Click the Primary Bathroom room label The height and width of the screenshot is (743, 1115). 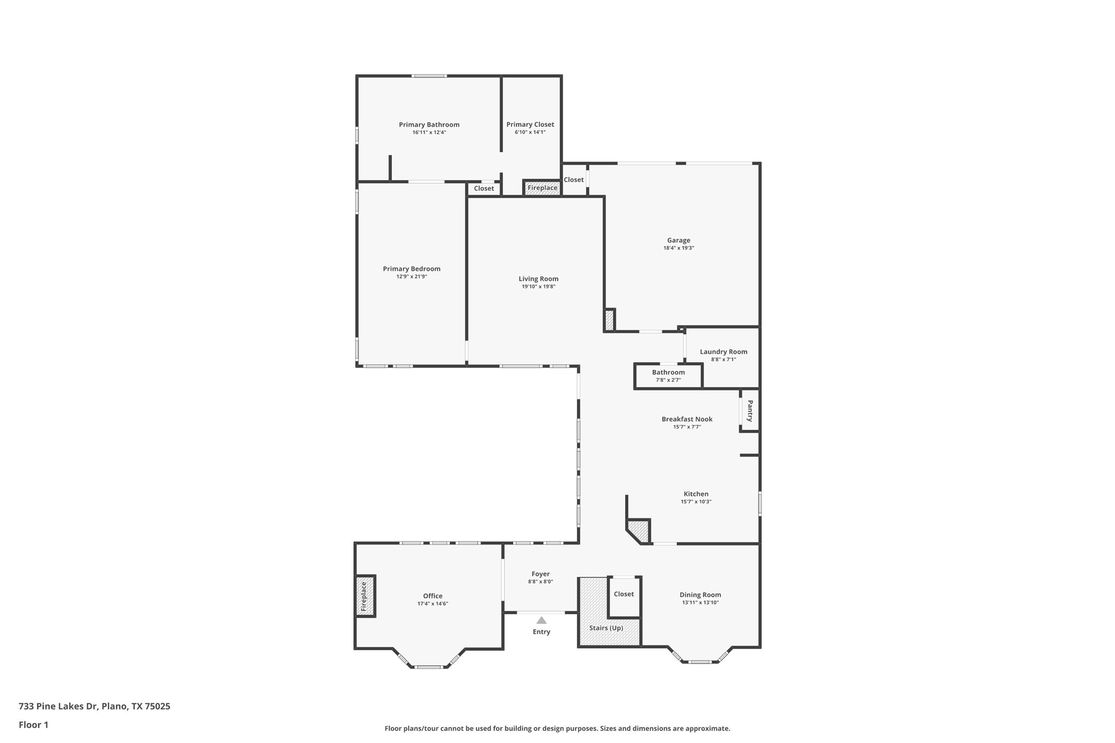click(429, 125)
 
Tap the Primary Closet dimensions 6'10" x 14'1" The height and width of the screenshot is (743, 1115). click(530, 132)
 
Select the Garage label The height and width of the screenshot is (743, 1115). click(678, 240)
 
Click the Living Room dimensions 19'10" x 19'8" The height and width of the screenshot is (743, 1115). click(538, 287)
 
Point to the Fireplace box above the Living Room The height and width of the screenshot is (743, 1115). click(542, 188)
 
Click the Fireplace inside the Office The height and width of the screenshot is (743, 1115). click(364, 596)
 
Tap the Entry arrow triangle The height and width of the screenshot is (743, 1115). click(541, 620)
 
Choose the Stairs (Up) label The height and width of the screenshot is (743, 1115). click(606, 628)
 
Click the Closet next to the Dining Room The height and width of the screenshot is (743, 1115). click(624, 594)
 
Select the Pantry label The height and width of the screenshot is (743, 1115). click(750, 411)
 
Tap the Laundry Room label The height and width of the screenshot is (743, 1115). click(723, 352)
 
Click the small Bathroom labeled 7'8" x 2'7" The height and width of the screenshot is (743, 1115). click(668, 376)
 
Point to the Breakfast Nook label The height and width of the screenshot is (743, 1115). click(687, 419)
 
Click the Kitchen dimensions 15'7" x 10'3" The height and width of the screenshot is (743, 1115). click(696, 502)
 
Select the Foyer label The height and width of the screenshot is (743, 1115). click(540, 574)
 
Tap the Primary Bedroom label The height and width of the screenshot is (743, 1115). click(411, 269)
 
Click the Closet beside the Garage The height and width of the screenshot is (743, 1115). click(573, 180)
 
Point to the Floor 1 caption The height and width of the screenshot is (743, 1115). click(33, 725)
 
